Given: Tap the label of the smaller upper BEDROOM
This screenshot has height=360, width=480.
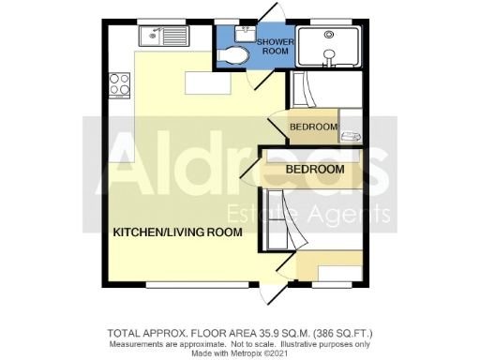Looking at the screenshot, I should (x=313, y=127).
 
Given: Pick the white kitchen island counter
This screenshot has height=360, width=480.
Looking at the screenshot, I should (x=208, y=83).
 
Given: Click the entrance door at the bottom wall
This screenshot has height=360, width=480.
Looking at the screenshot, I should (x=273, y=292).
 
